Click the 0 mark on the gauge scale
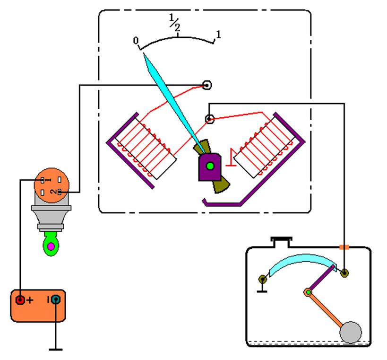point(136,42)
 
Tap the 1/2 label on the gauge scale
point(175,23)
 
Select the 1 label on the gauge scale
point(218,34)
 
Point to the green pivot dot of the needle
point(209,166)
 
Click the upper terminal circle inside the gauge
point(206,85)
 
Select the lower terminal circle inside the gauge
point(210,119)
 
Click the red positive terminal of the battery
point(20,299)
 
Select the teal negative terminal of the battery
point(56,299)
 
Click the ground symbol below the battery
point(56,350)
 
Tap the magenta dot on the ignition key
point(51,246)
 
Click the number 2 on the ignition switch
point(54,192)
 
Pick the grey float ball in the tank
point(351,332)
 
